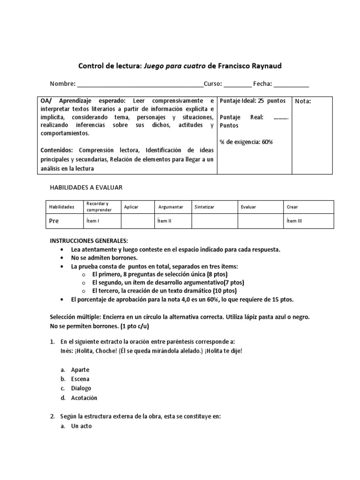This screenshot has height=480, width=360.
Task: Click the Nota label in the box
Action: pos(302,101)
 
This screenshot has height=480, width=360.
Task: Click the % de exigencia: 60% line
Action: pos(246,142)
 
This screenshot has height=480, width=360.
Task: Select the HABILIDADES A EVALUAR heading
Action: pos(86,187)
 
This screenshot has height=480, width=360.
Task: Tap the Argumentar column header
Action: pos(171,207)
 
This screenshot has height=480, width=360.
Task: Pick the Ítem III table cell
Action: pos(294,221)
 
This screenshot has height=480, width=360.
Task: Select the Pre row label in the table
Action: pos(54,221)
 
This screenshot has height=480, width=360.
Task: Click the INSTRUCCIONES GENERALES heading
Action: pos(89,240)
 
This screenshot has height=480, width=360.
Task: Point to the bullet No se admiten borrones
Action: pos(104,258)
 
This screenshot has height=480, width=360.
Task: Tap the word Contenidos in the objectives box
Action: pos(56,150)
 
